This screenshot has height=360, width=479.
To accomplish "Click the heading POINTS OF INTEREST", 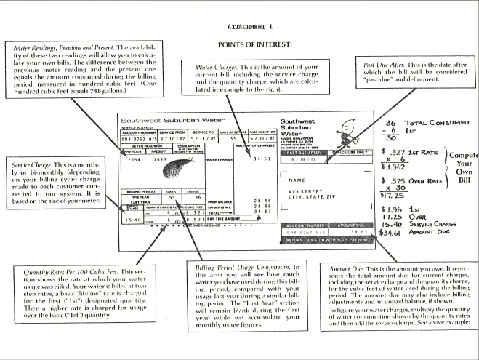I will [239, 44].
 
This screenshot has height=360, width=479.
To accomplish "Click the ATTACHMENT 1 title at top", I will [239, 26].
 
